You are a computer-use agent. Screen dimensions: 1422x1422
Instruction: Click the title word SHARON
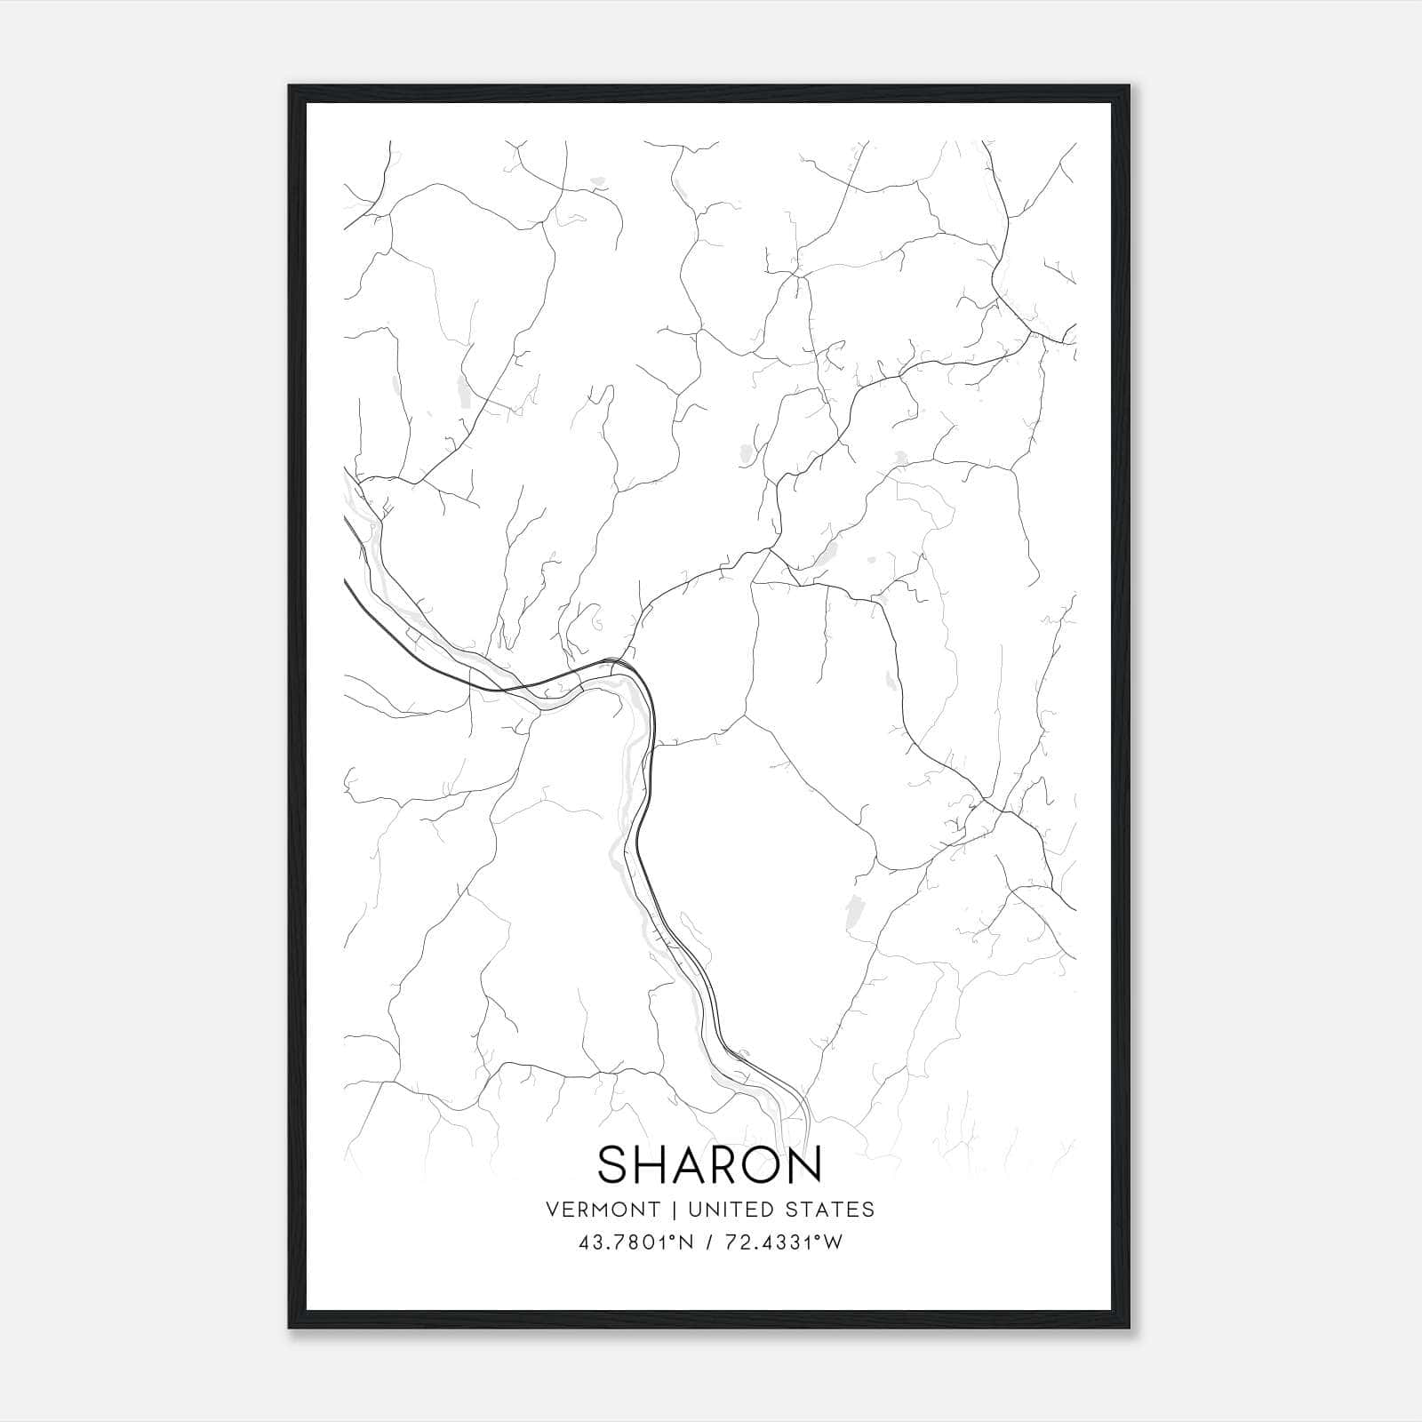pos(709,1163)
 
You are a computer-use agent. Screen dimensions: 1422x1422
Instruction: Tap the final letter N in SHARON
pos(805,1163)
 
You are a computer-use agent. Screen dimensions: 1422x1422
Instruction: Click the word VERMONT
pos(603,1210)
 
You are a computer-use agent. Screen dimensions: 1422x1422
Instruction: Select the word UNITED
pos(728,1210)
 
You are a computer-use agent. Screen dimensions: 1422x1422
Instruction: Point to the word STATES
pos(832,1210)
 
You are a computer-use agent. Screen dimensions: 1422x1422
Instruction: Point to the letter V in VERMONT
pos(554,1210)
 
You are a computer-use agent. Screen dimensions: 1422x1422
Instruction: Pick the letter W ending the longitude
pos(833,1242)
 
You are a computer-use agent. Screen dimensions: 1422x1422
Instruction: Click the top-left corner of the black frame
pos(290,86)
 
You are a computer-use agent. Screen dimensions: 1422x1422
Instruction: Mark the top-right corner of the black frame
pos(1131,86)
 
